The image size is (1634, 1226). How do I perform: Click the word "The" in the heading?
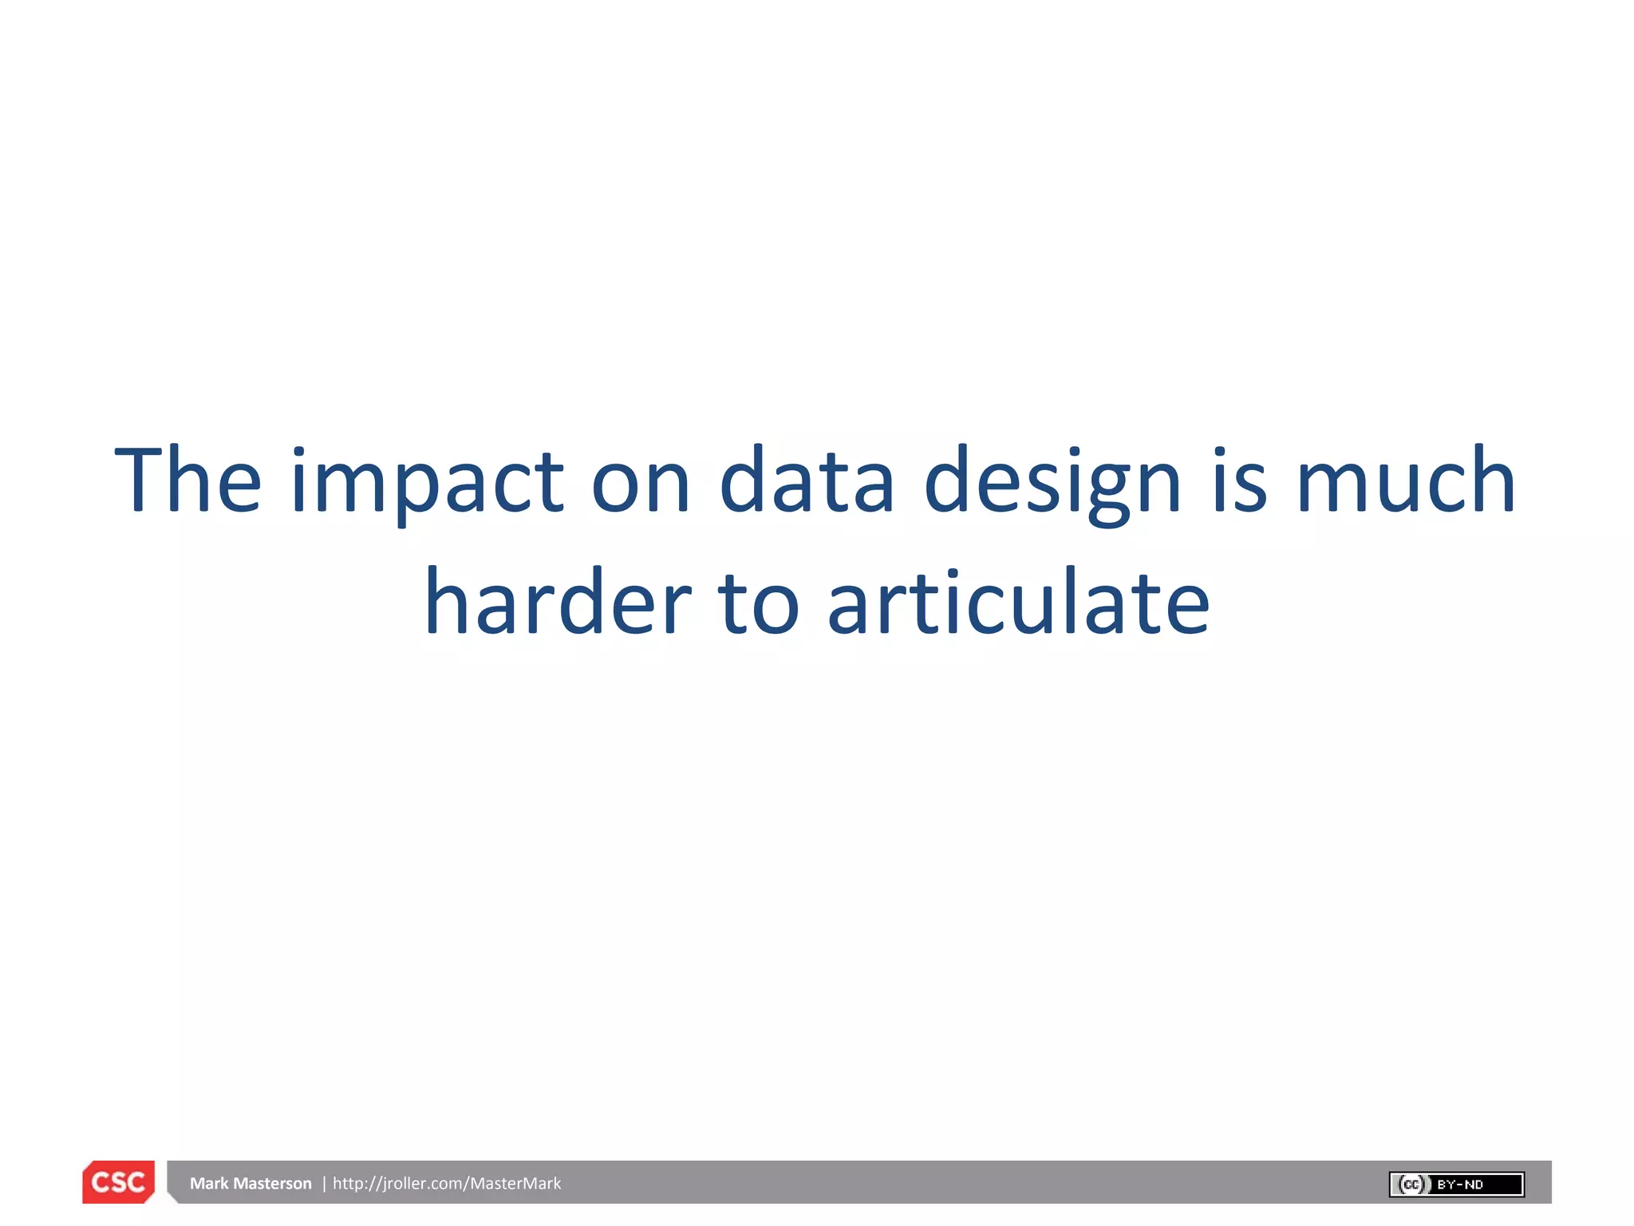[x=188, y=481]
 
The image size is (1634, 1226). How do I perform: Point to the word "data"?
[x=807, y=481]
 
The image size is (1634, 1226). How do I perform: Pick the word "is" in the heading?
[x=1239, y=481]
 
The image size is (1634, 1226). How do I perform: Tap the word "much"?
[x=1406, y=481]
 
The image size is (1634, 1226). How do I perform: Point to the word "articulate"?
[x=1019, y=602]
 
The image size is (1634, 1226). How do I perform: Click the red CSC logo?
[x=118, y=1182]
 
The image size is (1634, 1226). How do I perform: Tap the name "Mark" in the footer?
[x=209, y=1183]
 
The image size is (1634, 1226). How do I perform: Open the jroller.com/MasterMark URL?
[x=447, y=1183]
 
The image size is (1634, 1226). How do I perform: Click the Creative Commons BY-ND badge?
[x=1456, y=1184]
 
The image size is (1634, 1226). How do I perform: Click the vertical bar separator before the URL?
[x=324, y=1183]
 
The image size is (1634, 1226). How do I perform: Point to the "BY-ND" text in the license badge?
[x=1460, y=1184]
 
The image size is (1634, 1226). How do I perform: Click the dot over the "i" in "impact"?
[x=298, y=453]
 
